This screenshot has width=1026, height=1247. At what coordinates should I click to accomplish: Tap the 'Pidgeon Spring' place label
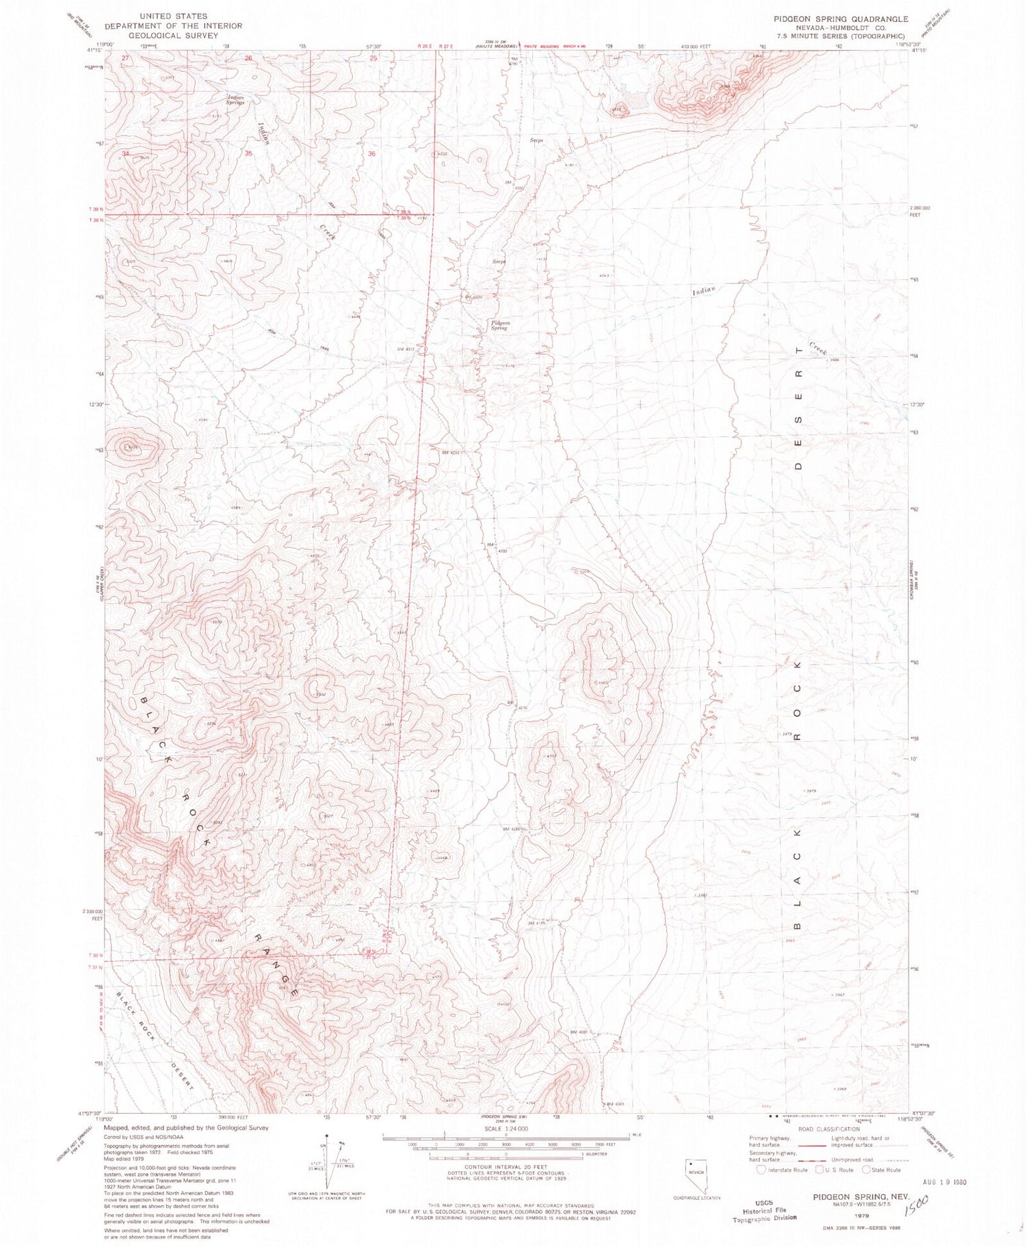(x=499, y=326)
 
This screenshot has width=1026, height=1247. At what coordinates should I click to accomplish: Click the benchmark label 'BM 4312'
(x=406, y=349)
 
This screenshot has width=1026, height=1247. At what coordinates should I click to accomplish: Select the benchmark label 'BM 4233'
(x=449, y=452)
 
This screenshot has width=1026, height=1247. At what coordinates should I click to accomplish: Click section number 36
(x=372, y=154)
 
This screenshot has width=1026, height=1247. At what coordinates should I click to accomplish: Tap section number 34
(x=125, y=153)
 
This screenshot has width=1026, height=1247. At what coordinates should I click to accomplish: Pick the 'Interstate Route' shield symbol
(x=762, y=1170)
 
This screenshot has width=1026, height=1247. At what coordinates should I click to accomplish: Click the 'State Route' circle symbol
(x=867, y=1170)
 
